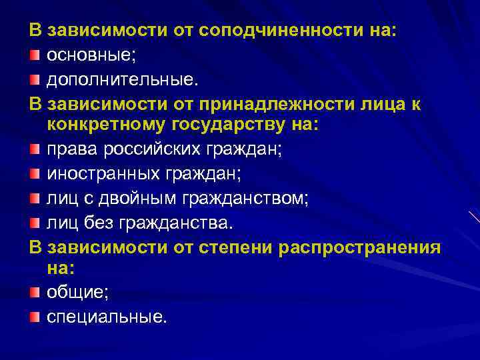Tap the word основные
point(90,55)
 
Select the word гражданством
point(261,199)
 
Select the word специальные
point(105,316)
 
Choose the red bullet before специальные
point(34,315)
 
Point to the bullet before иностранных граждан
point(34,174)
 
